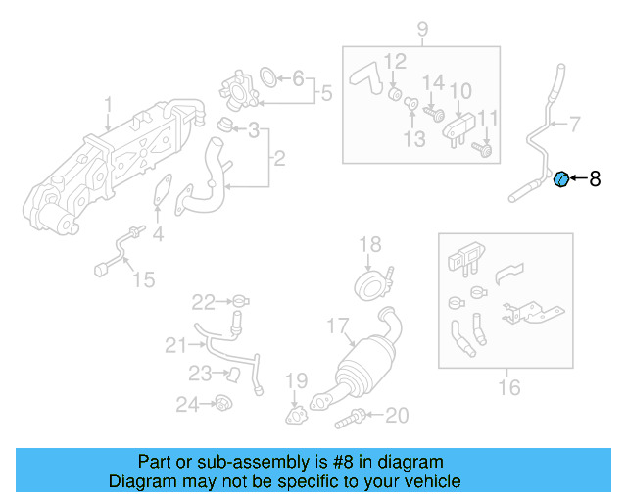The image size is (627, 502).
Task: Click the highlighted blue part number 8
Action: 562,178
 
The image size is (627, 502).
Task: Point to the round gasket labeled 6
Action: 267,76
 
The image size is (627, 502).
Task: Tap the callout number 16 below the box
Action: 508,388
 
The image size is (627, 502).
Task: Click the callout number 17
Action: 337,325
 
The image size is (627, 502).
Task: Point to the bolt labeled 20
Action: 350,421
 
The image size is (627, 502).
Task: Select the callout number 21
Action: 174,344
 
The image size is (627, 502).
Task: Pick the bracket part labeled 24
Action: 222,403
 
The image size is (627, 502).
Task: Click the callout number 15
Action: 143,280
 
